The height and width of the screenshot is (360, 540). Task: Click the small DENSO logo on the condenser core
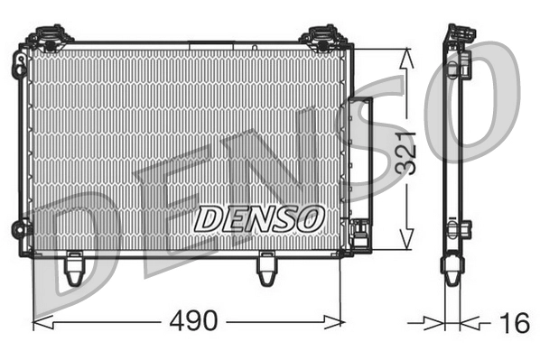[259, 217]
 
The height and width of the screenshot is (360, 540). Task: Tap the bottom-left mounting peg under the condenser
[75, 267]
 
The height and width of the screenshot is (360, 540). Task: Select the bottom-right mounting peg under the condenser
[266, 267]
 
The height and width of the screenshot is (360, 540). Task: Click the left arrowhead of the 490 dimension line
[38, 320]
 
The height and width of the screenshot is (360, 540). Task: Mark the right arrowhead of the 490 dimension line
[338, 320]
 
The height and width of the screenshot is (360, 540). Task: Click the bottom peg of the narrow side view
[452, 269]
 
